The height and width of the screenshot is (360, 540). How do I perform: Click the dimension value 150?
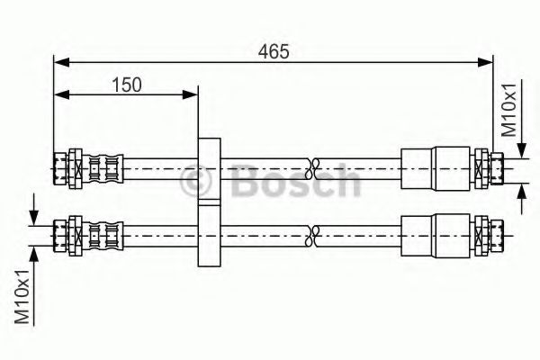pyautogui.click(x=127, y=85)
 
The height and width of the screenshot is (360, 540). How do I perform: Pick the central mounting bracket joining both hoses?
pyautogui.click(x=209, y=202)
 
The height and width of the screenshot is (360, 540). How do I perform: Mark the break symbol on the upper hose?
pyautogui.click(x=313, y=166)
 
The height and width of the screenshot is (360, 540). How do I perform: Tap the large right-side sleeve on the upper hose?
pyautogui.click(x=436, y=166)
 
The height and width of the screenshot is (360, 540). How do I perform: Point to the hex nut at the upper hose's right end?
pyautogui.click(x=484, y=166)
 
